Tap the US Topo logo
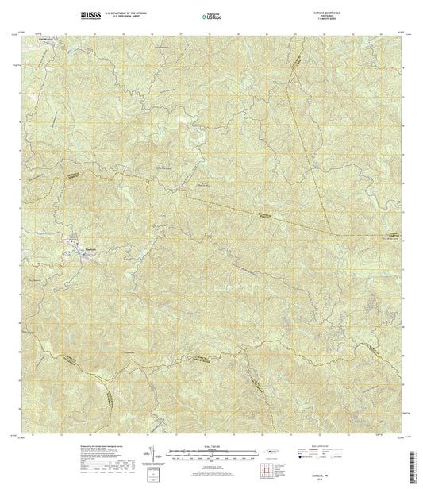(x=212, y=15)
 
